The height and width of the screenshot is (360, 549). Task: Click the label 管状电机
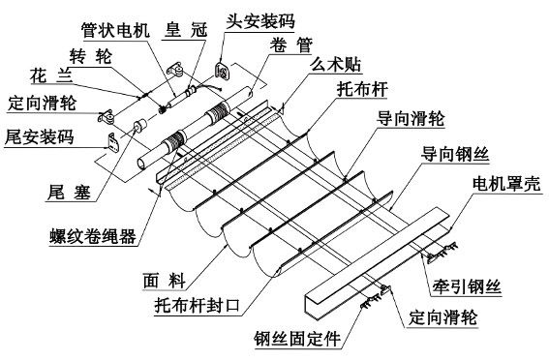[x=115, y=30]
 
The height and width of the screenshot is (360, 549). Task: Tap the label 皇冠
[x=186, y=30]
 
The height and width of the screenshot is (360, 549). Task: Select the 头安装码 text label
[x=260, y=21]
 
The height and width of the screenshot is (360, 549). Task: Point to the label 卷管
[x=291, y=45]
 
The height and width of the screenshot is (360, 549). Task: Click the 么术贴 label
[x=335, y=65]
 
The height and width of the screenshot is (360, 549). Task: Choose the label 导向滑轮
[x=411, y=119]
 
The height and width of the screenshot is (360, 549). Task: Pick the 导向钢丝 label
[x=455, y=154]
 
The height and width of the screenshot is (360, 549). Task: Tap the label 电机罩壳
[x=506, y=183]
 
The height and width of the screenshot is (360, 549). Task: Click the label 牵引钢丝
[x=467, y=286]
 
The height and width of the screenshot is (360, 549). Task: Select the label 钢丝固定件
[x=297, y=339]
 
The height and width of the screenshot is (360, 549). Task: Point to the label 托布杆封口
[x=198, y=306]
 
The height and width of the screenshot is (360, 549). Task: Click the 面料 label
[x=165, y=281]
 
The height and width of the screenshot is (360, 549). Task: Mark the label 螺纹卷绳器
[x=93, y=236]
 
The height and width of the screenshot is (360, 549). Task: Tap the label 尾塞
[x=69, y=192]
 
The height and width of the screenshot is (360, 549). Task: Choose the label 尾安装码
[x=39, y=137]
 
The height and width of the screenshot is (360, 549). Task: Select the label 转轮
[x=91, y=56]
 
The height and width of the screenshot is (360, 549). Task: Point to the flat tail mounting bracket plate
[x=112, y=142]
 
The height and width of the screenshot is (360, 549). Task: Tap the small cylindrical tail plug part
[x=140, y=126]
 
